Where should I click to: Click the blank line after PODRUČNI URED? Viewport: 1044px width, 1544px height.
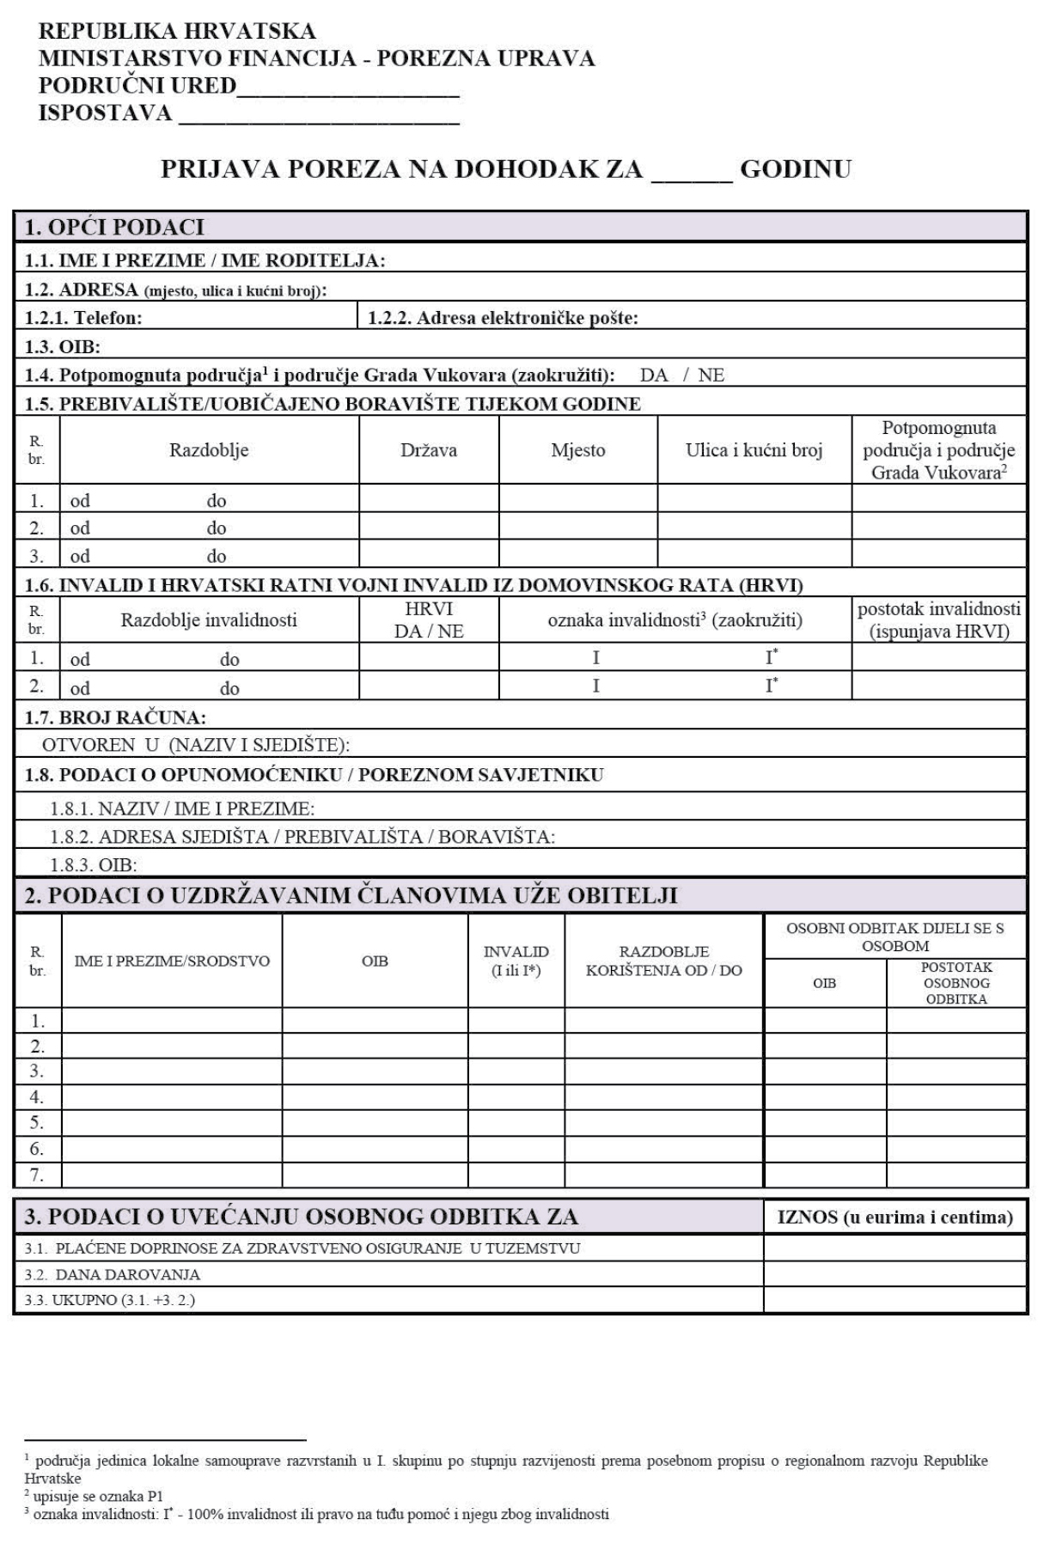347,87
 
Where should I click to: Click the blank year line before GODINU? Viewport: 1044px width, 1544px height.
692,170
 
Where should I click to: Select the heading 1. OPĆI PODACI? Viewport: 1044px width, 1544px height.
114,228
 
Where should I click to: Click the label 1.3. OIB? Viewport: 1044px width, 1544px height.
63,347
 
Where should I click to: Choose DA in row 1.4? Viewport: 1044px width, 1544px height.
654,375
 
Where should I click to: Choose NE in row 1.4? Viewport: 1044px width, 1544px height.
711,375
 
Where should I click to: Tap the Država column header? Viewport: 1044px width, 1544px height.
429,450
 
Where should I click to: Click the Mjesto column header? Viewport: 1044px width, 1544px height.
578,450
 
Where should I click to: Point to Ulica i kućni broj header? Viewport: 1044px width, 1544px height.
754,450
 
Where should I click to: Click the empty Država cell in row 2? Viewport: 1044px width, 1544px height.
429,527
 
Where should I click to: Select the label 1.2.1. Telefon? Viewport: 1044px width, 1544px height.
83,318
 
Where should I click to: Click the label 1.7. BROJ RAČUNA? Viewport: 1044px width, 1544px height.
115,717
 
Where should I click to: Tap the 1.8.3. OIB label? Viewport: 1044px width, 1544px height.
94,864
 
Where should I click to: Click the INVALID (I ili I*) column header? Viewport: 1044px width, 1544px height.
516,961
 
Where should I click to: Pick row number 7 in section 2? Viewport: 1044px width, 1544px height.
37,1175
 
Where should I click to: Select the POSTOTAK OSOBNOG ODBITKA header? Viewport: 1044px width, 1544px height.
955,983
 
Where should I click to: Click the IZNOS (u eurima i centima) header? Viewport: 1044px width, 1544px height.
894,1217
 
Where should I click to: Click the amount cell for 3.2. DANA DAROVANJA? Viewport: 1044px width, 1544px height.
894,1274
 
